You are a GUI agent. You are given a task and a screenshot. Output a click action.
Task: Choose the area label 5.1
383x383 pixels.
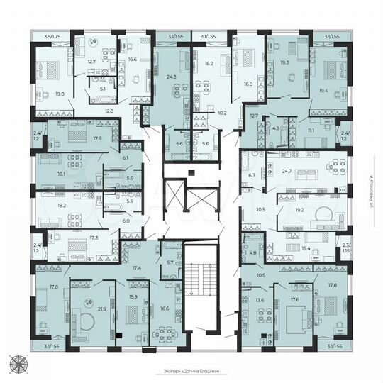[102, 89]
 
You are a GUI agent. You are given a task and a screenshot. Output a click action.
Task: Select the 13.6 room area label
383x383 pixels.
[260, 300]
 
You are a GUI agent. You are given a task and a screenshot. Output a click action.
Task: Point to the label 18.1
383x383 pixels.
[62, 173]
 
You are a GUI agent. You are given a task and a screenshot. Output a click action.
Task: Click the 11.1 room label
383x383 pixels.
[311, 130]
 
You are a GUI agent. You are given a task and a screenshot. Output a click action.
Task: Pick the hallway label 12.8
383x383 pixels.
[109, 111]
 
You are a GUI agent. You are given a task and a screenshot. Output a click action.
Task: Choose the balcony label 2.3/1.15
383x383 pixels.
[345, 248]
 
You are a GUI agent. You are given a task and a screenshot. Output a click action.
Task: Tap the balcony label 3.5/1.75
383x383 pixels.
[51, 35]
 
